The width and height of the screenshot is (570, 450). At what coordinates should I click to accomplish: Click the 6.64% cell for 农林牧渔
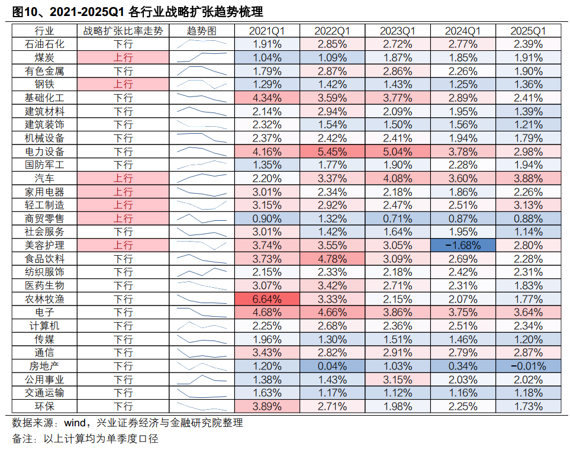pyautogui.click(x=266, y=299)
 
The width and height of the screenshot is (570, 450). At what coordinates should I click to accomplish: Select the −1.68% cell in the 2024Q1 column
pyautogui.click(x=461, y=245)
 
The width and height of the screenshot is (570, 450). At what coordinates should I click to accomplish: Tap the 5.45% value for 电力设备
pyautogui.click(x=331, y=151)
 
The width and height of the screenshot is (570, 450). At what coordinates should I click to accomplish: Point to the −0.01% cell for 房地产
pyautogui.click(x=528, y=366)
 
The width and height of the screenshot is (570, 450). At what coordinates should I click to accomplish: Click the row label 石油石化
pyautogui.click(x=44, y=44)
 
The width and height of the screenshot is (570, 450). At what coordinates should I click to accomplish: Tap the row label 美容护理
pyautogui.click(x=44, y=245)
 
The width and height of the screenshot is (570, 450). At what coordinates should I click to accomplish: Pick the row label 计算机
pyautogui.click(x=44, y=326)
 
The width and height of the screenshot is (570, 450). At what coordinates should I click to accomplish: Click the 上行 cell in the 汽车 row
pyautogui.click(x=123, y=178)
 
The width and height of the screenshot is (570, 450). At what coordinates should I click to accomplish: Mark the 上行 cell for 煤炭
pyautogui.click(x=123, y=57)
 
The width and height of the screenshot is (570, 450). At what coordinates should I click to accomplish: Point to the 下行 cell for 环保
pyautogui.click(x=123, y=406)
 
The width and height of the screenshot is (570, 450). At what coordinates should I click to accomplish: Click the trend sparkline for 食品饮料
pyautogui.click(x=201, y=259)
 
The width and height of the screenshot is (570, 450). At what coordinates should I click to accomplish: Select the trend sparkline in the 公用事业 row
pyautogui.click(x=201, y=380)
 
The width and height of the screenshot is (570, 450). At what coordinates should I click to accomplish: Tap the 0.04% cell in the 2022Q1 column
pyautogui.click(x=331, y=366)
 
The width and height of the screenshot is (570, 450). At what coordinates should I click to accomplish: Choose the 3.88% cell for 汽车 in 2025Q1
pyautogui.click(x=528, y=178)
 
